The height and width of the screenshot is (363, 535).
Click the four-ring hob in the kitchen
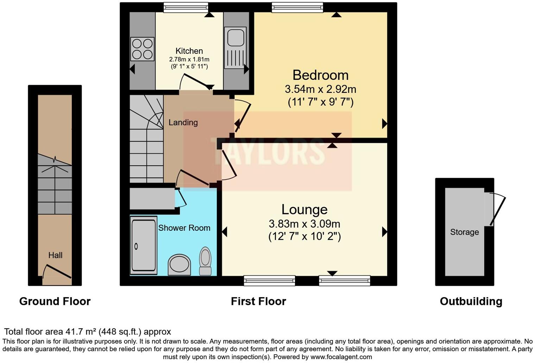[x=142, y=49]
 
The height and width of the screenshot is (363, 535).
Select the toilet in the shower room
[x=205, y=261]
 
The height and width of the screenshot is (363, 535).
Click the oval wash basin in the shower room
[x=180, y=265]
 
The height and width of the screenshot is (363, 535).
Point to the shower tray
[x=144, y=246]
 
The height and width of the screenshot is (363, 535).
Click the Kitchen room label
[x=189, y=51]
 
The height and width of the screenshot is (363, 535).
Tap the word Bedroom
[x=321, y=75]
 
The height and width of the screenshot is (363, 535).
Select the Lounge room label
[x=304, y=209]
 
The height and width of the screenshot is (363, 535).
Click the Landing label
[x=183, y=123]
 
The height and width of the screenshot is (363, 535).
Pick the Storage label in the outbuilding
[x=465, y=232]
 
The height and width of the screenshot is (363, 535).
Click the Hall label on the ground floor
[x=55, y=255]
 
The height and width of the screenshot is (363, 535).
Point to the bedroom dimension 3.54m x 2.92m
[x=321, y=89]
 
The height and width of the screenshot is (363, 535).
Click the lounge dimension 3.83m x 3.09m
[x=304, y=224]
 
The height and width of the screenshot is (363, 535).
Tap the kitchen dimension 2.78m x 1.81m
[x=189, y=59]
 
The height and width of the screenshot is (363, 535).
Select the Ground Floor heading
[x=55, y=301]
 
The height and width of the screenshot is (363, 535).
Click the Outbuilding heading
[x=471, y=301]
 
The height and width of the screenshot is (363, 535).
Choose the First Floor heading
[x=258, y=301]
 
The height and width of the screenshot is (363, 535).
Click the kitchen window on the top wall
[x=186, y=7]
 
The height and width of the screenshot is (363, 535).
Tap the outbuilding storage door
[x=498, y=210]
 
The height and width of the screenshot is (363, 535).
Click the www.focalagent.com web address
[x=341, y=357]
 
